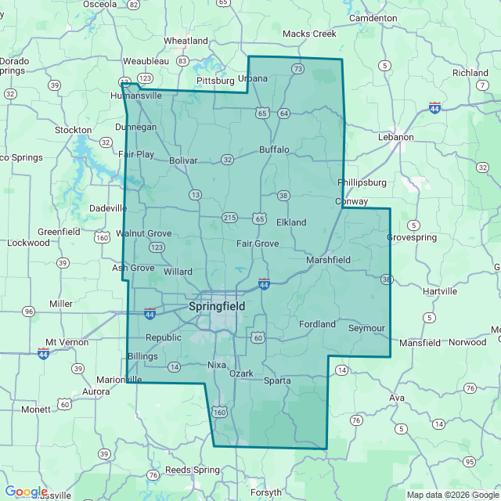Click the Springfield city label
pyautogui.click(x=217, y=307)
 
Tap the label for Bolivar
pyautogui.click(x=183, y=160)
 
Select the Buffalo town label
pyautogui.click(x=275, y=150)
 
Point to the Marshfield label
pyautogui.click(x=329, y=260)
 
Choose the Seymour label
pyautogui.click(x=366, y=328)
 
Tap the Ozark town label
pyautogui.click(x=241, y=373)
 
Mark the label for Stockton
pyautogui.click(x=74, y=129)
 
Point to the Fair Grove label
pyautogui.click(x=258, y=244)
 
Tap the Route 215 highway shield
pyautogui.click(x=229, y=217)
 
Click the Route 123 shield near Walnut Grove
pyautogui.click(x=157, y=247)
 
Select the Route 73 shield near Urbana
pyautogui.click(x=297, y=69)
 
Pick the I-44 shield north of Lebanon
pyautogui.click(x=434, y=107)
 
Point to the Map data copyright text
pyautogui.click(x=451, y=495)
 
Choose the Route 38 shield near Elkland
pyautogui.click(x=283, y=195)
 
